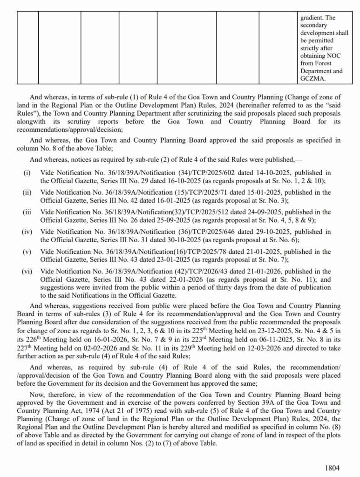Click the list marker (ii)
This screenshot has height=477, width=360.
[27, 192]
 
